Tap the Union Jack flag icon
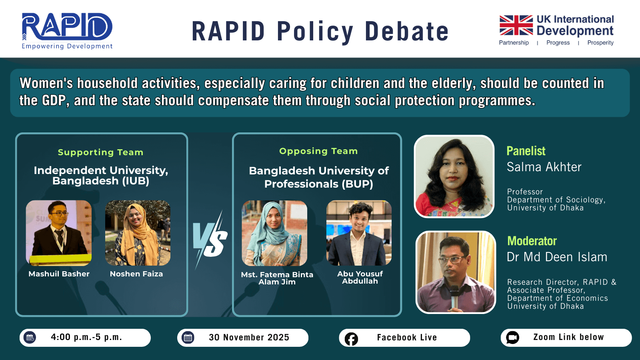(516, 25)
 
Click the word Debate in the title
(406, 32)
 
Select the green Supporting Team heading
(100, 152)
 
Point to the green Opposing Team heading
(318, 151)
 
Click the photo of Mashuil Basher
(59, 233)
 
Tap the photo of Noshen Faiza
(138, 233)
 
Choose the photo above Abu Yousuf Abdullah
(359, 233)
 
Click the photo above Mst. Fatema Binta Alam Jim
(274, 233)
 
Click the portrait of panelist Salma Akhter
(454, 176)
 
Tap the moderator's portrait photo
(456, 272)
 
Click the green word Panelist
(526, 151)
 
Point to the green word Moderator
(532, 241)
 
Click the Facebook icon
(351, 339)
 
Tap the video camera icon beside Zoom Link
(512, 338)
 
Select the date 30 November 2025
(249, 338)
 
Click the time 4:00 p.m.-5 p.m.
(86, 337)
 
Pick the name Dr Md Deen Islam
(557, 257)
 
